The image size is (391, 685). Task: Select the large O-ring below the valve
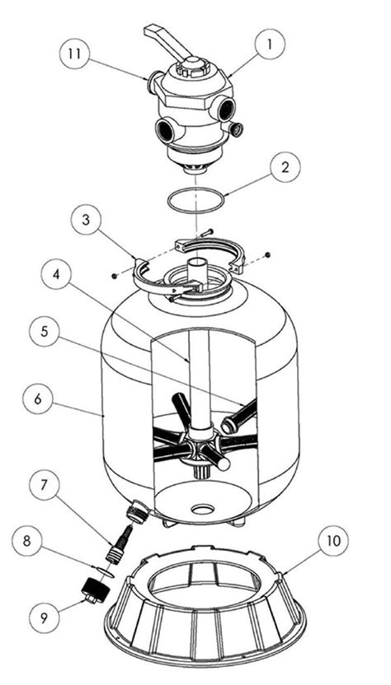(195, 200)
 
